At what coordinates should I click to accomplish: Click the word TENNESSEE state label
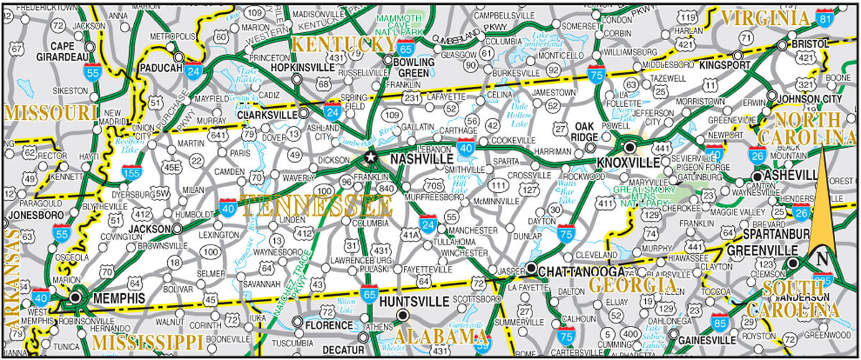click(x=317, y=207)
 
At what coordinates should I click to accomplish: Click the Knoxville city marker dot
click(x=630, y=147)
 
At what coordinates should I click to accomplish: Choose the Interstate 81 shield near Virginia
click(x=826, y=20)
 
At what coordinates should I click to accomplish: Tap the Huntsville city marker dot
click(x=403, y=315)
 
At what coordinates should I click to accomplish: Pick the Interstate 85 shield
click(x=720, y=320)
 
